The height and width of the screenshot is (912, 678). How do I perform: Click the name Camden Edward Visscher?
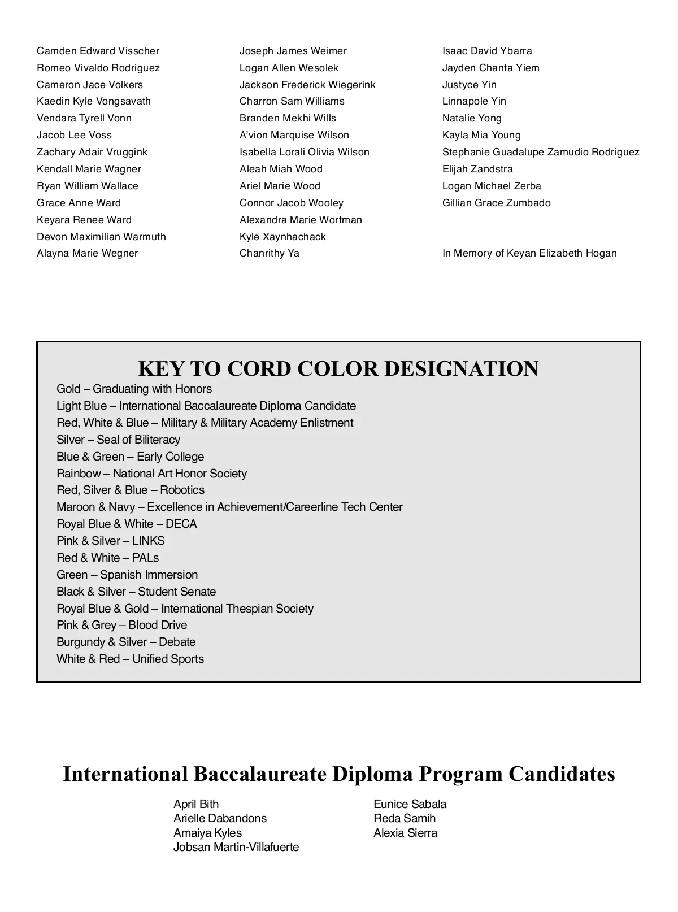click(x=98, y=51)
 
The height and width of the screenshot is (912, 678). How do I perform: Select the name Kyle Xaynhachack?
click(x=282, y=237)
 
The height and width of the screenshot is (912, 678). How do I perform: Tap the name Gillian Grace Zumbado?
click(x=496, y=203)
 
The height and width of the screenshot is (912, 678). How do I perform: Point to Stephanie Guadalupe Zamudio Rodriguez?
click(x=541, y=152)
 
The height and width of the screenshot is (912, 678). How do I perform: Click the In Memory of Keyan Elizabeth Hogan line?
click(x=529, y=253)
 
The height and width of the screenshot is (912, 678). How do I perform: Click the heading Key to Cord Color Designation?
click(x=338, y=368)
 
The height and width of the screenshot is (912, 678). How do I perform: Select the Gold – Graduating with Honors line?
click(x=134, y=389)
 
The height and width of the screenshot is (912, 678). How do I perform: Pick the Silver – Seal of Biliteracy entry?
click(x=118, y=440)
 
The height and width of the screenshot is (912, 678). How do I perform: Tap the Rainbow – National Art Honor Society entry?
click(x=151, y=474)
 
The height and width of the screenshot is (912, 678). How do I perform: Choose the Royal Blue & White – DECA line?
click(x=127, y=524)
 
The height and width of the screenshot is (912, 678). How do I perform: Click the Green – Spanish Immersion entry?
click(x=127, y=575)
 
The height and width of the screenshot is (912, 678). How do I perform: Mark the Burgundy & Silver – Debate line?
click(x=126, y=642)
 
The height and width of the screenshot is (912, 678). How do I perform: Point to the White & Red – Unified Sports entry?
click(x=130, y=659)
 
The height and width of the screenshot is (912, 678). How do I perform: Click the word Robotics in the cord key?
click(x=182, y=490)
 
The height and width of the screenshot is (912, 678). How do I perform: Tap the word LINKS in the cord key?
click(x=149, y=541)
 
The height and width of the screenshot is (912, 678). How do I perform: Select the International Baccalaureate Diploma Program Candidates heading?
click(x=338, y=774)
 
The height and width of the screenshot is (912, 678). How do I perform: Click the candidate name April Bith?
click(x=196, y=804)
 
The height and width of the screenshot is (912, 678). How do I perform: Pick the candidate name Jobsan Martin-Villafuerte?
click(x=236, y=847)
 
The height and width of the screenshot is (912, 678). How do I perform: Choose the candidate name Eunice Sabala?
click(x=410, y=804)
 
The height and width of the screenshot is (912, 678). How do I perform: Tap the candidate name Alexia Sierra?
click(x=405, y=833)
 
